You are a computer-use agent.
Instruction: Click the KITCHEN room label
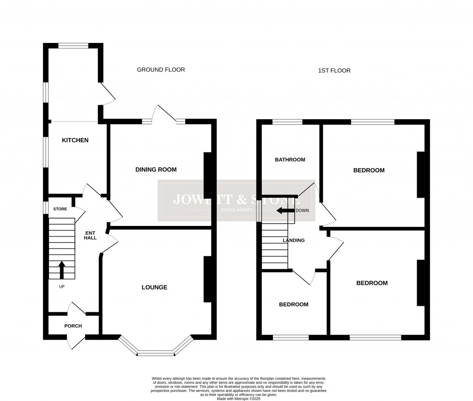(75, 140)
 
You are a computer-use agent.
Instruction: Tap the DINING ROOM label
(156, 170)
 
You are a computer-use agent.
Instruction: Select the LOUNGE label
(154, 287)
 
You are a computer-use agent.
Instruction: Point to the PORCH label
(73, 326)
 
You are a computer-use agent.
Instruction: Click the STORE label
(60, 209)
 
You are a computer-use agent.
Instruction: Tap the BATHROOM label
(290, 160)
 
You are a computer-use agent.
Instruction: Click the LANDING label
(294, 240)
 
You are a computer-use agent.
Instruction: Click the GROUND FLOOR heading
(161, 70)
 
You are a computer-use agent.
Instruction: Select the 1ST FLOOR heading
(334, 71)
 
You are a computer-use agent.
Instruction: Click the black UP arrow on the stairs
(61, 270)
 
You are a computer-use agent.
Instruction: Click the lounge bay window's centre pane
(156, 354)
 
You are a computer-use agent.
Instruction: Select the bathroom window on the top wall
(287, 122)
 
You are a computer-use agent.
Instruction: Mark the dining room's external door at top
(164, 115)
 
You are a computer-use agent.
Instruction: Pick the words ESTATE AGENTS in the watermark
(236, 210)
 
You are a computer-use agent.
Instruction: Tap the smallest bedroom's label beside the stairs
(293, 304)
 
